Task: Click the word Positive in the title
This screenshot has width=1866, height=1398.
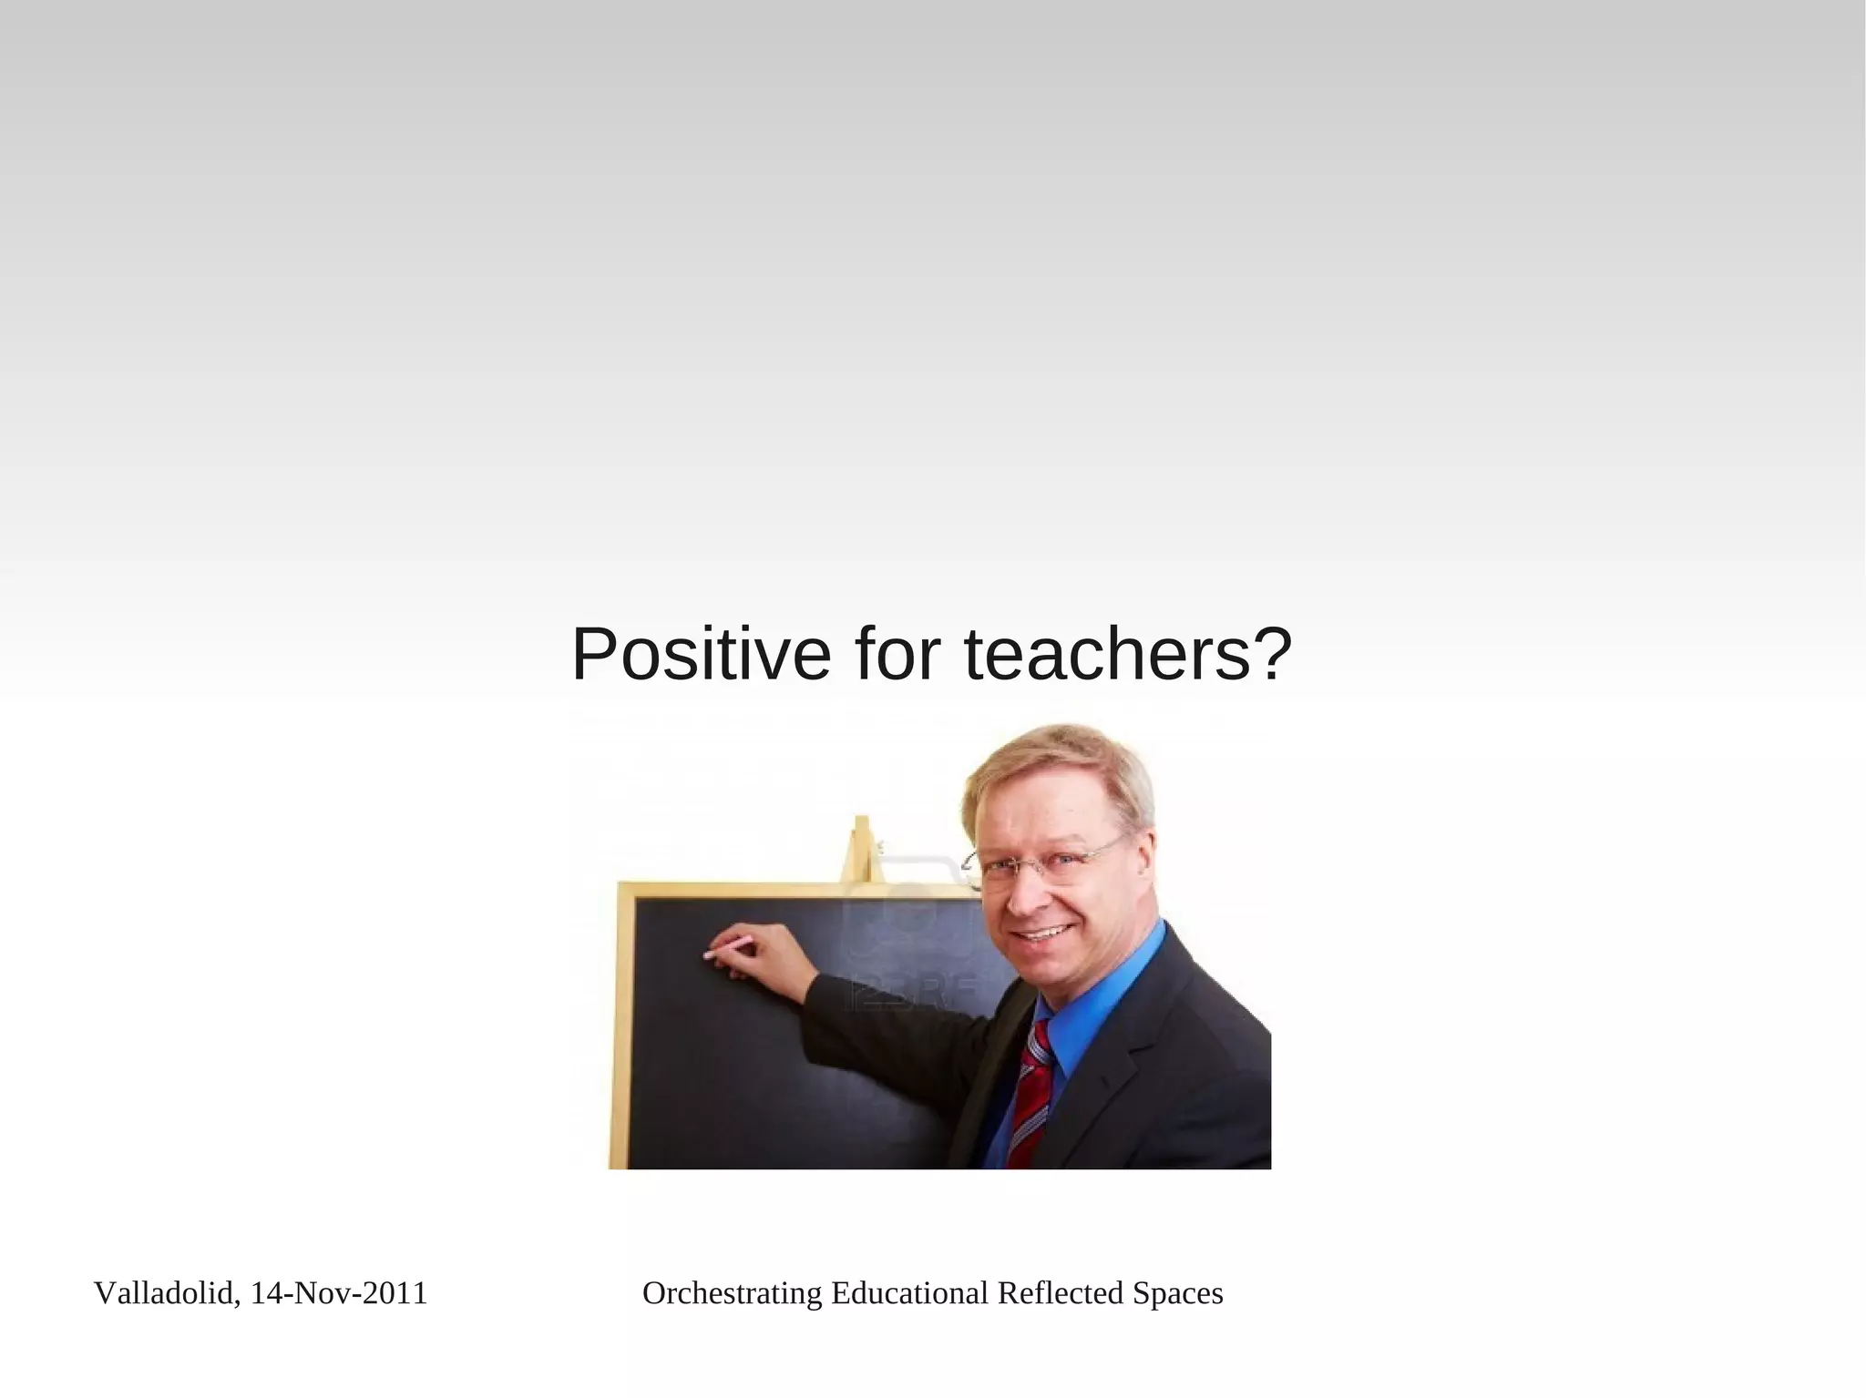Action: [x=701, y=655]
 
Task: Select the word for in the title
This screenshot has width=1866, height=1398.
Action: [x=897, y=655]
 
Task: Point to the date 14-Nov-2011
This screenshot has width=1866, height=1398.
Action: [x=338, y=1293]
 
